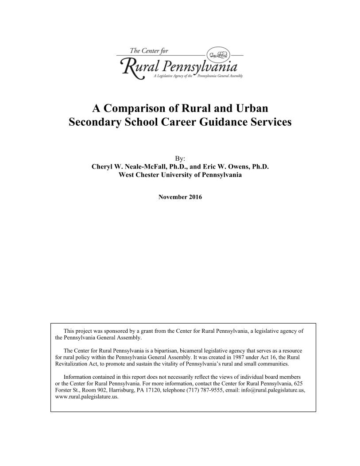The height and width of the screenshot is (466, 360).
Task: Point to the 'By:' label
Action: (180, 158)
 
